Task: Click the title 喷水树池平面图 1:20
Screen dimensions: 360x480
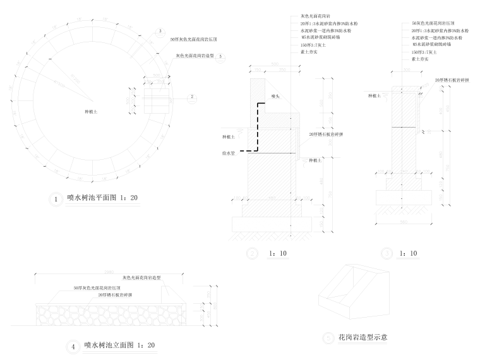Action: [103, 198]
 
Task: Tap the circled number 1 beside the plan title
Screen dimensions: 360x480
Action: [56, 200]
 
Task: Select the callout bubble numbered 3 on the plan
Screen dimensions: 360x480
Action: [160, 31]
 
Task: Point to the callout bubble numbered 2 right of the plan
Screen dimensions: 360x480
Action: [191, 97]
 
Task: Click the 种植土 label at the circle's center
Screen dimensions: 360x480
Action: [92, 111]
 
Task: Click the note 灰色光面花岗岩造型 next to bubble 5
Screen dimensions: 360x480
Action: [195, 56]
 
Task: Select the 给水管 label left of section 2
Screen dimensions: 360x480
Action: [228, 152]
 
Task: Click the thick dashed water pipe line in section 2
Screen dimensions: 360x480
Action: [255, 126]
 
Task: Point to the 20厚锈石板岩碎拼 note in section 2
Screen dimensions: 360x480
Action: [326, 135]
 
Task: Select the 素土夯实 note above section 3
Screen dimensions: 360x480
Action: [420, 58]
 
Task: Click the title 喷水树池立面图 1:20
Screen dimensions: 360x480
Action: [120, 345]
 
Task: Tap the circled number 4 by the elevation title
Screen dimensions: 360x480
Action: [73, 346]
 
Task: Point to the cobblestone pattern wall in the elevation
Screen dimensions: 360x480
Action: [107, 314]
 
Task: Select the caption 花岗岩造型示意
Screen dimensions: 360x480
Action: [363, 337]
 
